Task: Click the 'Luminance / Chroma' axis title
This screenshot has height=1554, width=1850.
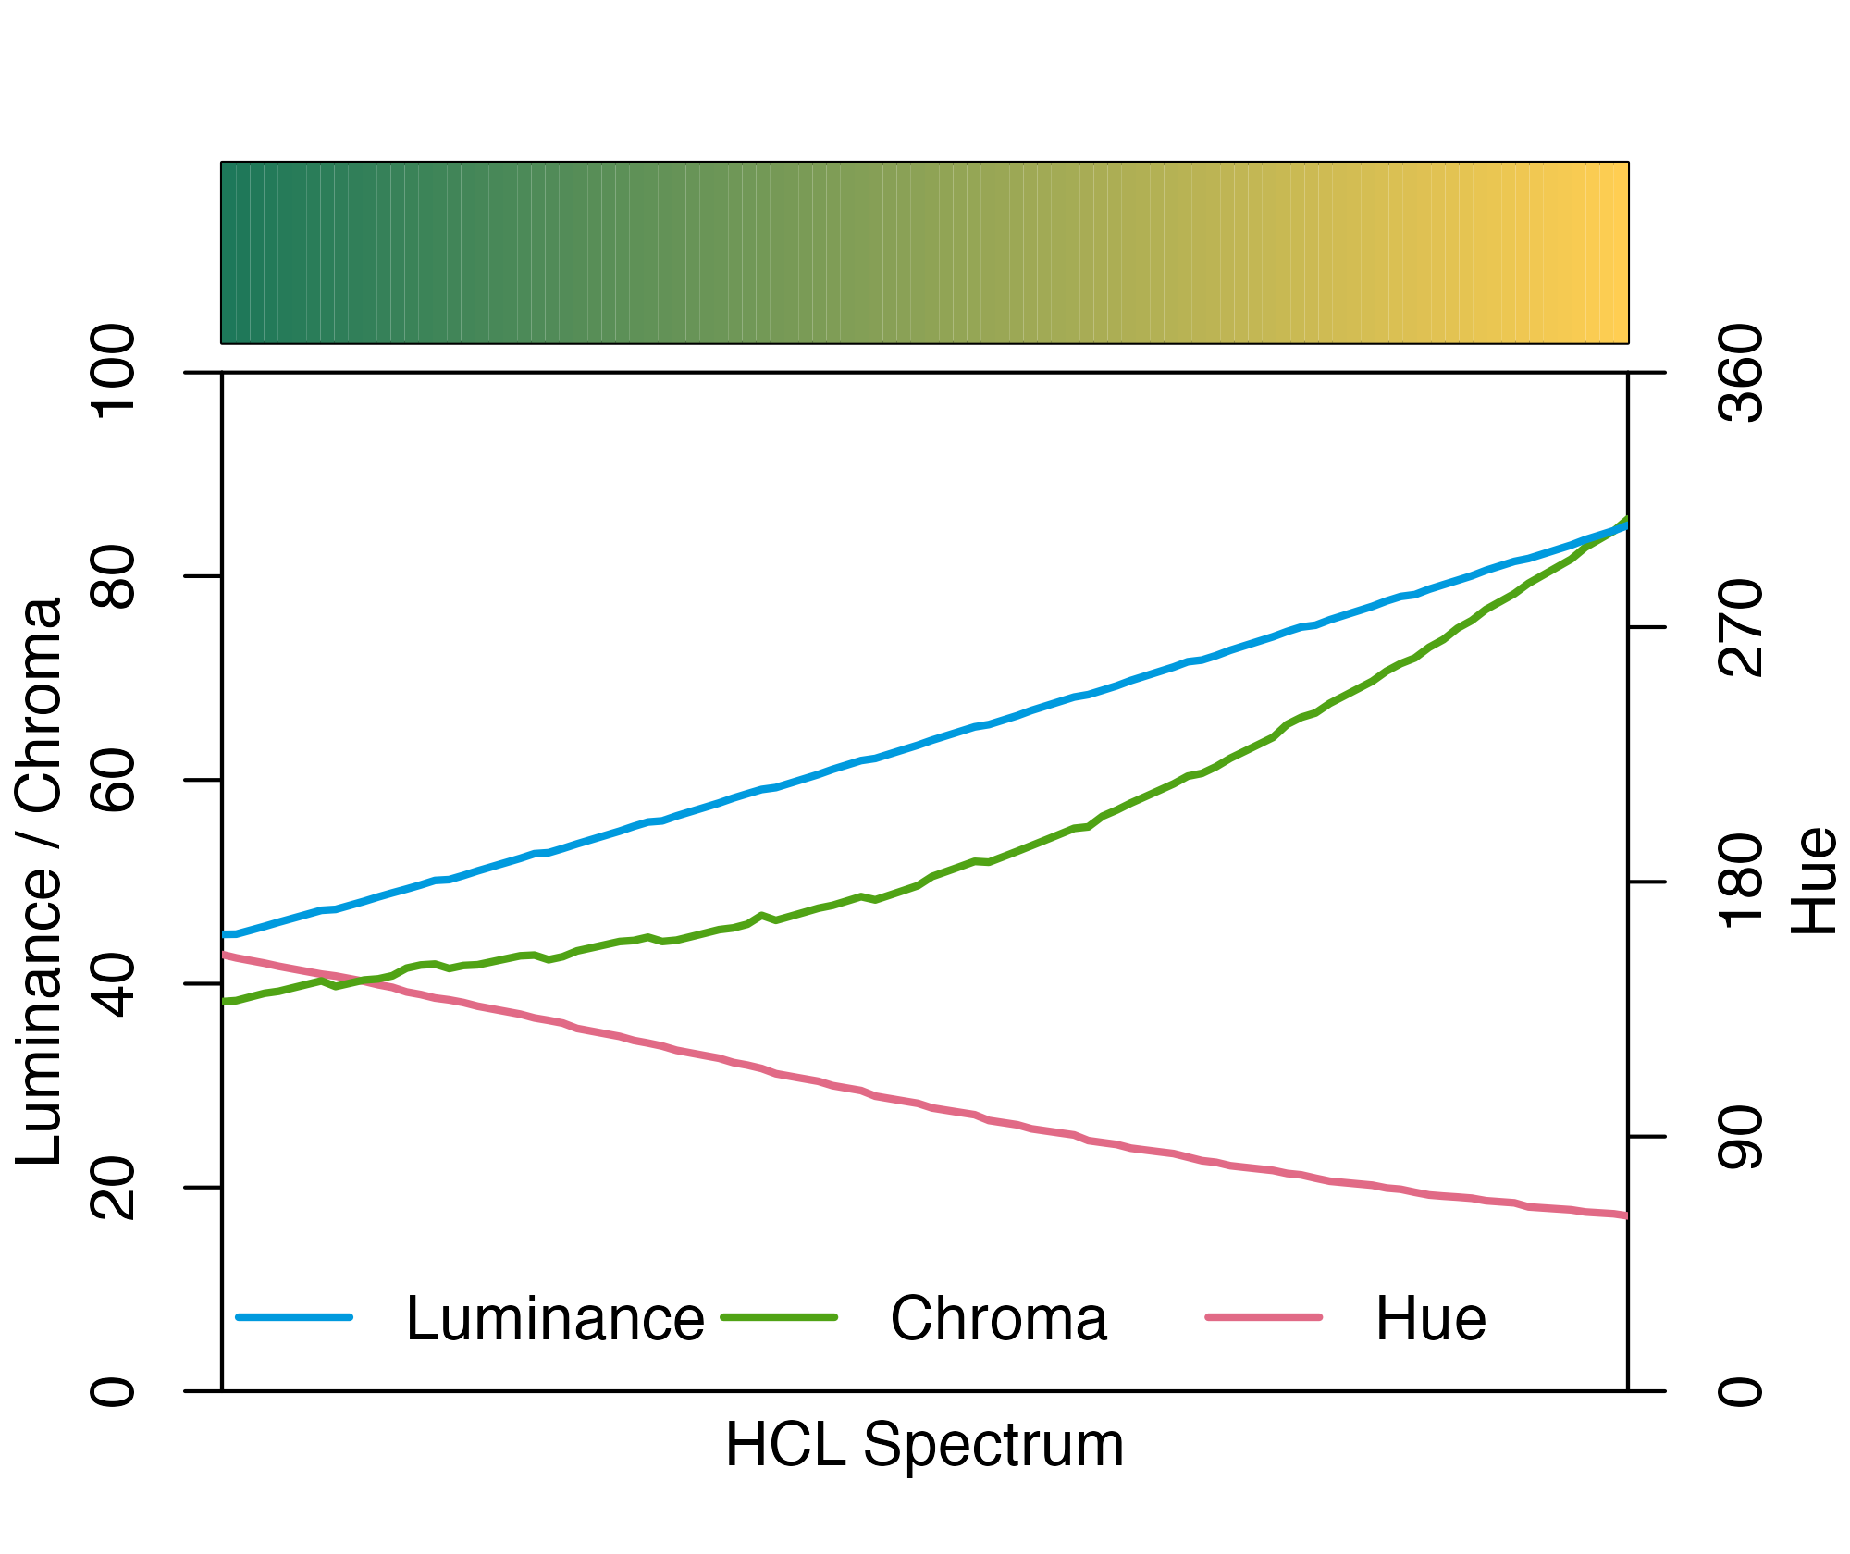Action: click(x=39, y=881)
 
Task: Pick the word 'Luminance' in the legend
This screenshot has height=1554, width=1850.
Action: click(x=555, y=1318)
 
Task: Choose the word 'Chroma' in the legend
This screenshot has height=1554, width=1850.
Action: click(x=998, y=1318)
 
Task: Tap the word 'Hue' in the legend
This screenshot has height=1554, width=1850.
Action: click(x=1430, y=1318)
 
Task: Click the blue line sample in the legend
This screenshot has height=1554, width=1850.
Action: click(x=294, y=1316)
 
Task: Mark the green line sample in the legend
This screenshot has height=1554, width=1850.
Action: click(x=779, y=1316)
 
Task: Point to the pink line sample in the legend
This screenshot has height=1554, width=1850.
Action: click(x=1264, y=1316)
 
